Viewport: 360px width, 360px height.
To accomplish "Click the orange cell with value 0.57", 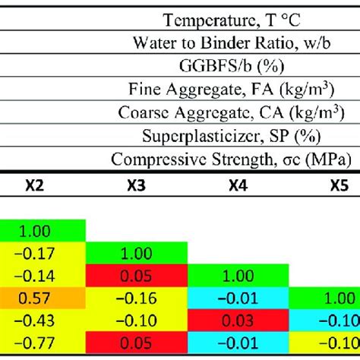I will (x=44, y=293).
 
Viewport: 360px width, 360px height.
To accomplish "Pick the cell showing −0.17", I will (x=44, y=251).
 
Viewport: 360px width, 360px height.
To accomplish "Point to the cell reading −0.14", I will (x=44, y=272).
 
